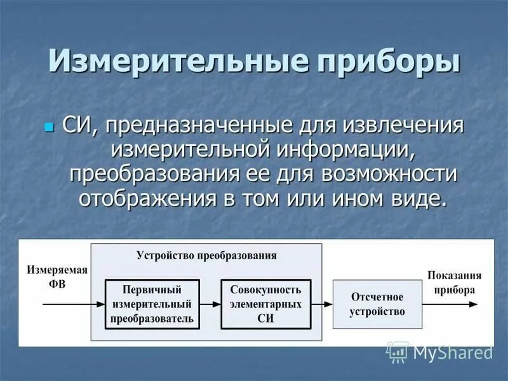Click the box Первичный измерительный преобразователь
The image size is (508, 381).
(152, 304)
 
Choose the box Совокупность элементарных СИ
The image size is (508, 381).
(265, 304)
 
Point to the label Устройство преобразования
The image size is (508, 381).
(206, 255)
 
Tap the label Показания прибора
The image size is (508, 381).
(454, 282)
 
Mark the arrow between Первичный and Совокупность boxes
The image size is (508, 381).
(210, 304)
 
